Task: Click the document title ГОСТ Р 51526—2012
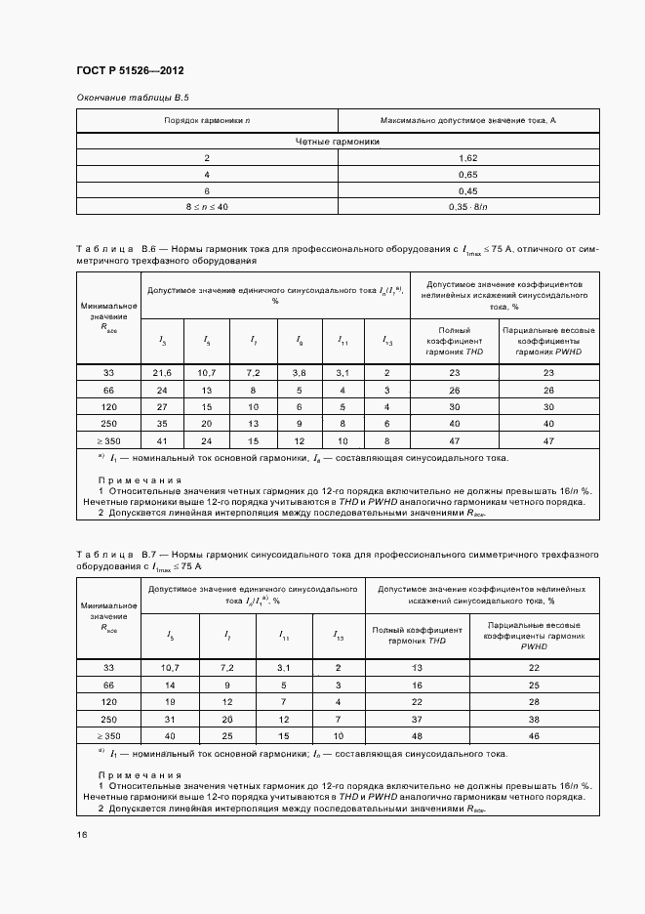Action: tap(130, 71)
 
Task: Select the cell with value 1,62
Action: tap(467, 157)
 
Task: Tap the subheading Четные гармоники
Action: tap(337, 142)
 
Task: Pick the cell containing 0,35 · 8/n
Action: tap(467, 207)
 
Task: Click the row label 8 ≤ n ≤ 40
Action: tap(207, 207)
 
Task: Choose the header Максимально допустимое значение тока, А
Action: tap(467, 120)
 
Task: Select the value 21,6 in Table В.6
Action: tap(163, 373)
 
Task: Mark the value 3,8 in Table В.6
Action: tap(299, 373)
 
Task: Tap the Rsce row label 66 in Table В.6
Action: tap(108, 390)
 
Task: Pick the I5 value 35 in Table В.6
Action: tap(163, 424)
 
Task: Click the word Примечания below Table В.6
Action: tap(140, 479)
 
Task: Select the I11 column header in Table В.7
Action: tap(283, 636)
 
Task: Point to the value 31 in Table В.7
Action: tap(172, 718)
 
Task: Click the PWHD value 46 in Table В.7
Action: tap(533, 734)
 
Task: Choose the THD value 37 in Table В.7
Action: tap(417, 718)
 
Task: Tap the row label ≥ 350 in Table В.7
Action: tap(108, 734)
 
